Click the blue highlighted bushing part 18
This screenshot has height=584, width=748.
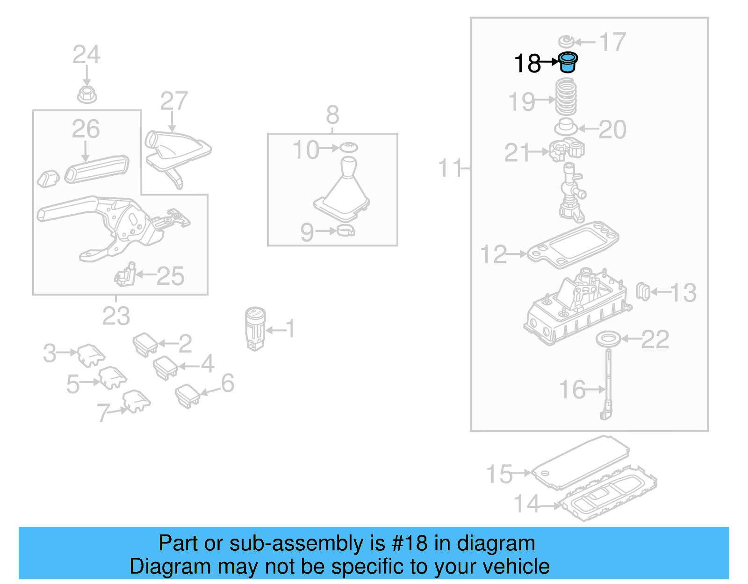click(568, 62)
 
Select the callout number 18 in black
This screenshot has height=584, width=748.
click(527, 64)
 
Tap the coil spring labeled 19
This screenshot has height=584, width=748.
click(566, 97)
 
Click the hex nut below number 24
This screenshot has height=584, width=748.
click(87, 95)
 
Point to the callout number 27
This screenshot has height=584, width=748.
click(174, 101)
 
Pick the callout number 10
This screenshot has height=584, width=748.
click(305, 150)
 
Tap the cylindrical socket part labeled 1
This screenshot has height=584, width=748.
click(255, 328)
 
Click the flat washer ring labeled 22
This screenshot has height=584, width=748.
click(609, 339)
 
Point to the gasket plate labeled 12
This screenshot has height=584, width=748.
click(573, 245)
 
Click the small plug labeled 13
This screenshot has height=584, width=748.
click(643, 292)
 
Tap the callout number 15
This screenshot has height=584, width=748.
click(499, 474)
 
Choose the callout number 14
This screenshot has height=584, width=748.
click(526, 504)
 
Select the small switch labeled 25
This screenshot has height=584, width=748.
click(125, 276)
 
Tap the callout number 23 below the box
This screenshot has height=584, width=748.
click(116, 316)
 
